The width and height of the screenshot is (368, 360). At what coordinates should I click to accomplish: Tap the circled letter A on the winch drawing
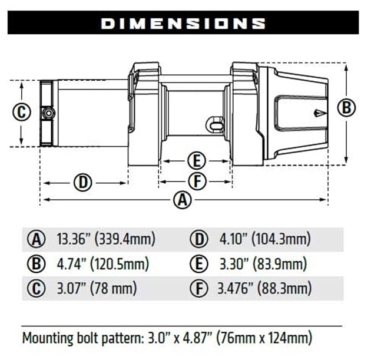184,200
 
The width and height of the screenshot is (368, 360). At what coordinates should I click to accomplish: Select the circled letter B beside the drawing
347,107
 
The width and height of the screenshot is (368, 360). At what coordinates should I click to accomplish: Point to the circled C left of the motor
22,112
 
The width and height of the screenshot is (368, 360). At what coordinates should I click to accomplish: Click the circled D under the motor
83,182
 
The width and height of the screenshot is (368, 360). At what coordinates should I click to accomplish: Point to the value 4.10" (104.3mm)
264,239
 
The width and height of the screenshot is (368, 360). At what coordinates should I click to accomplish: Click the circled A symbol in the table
37,239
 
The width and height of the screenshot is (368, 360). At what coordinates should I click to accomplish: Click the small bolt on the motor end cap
48,112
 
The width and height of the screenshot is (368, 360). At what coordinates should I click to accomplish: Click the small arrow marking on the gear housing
318,112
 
